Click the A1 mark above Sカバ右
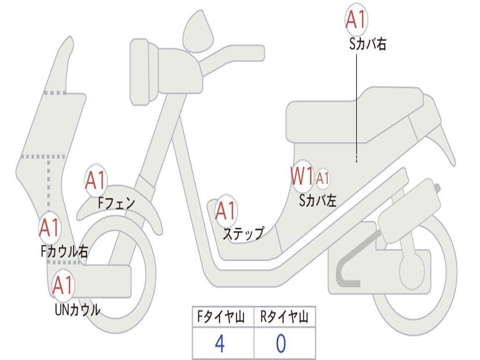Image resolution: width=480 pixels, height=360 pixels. click(x=356, y=20)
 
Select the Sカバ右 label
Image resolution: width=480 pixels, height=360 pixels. click(x=367, y=45)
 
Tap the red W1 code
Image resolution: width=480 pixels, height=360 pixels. click(x=302, y=177)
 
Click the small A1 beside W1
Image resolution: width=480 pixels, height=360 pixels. click(x=322, y=178)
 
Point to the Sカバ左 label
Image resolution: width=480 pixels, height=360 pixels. click(x=318, y=201)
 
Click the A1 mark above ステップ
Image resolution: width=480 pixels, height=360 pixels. click(x=226, y=211)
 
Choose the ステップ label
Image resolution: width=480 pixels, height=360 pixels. click(x=243, y=233)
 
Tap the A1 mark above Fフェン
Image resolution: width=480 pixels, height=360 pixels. click(x=96, y=180)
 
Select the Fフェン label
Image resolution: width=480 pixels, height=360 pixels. click(x=116, y=203)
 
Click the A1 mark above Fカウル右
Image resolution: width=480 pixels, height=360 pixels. click(x=49, y=228)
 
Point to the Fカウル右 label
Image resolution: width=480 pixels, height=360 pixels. click(x=64, y=252)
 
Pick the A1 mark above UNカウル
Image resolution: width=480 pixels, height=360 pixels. click(x=63, y=285)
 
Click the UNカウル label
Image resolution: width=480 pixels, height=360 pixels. click(x=77, y=309)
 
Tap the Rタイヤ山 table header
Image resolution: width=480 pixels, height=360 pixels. click(x=284, y=317)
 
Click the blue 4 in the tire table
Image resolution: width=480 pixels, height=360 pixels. click(x=220, y=344)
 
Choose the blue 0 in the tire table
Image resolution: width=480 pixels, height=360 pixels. click(x=281, y=344)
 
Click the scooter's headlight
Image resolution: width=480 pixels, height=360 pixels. click(x=141, y=72)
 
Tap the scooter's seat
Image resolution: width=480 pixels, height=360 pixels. click(x=352, y=115)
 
